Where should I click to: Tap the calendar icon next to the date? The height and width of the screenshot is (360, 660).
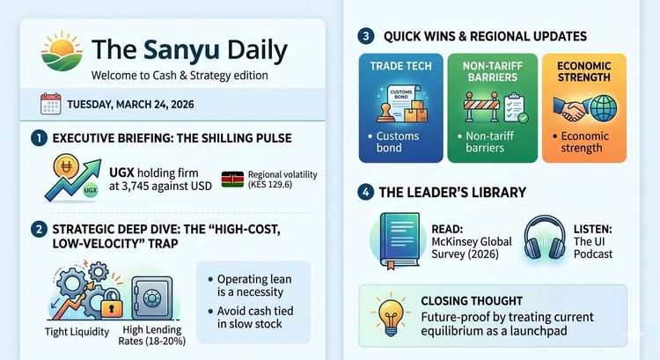tap(51, 104)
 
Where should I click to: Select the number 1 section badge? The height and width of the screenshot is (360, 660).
tap(38, 138)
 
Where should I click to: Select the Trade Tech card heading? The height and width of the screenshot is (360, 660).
tap(400, 66)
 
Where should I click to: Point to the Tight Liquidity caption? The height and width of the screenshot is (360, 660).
tap(77, 333)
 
